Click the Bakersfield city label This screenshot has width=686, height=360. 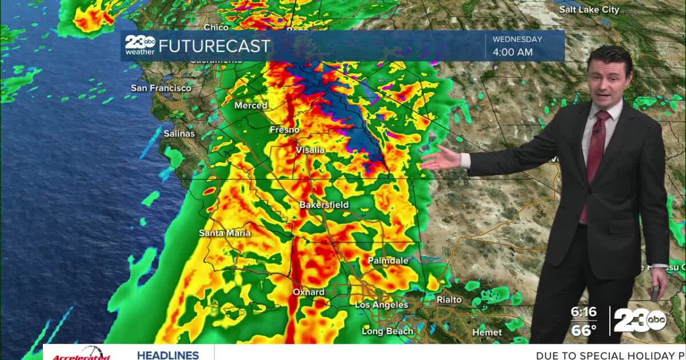[324, 205]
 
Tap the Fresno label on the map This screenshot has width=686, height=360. [284, 130]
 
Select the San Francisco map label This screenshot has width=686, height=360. [161, 88]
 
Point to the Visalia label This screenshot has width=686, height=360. [310, 150]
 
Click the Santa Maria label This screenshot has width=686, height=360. [225, 233]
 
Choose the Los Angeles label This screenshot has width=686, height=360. [381, 305]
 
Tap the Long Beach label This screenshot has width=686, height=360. [387, 331]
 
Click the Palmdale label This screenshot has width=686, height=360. [388, 261]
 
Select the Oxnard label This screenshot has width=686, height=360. [309, 292]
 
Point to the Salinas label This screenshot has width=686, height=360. [179, 134]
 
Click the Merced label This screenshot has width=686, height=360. [250, 105]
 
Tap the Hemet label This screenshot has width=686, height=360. [487, 332]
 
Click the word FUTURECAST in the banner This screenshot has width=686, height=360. [214, 46]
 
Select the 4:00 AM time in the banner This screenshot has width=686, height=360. [513, 52]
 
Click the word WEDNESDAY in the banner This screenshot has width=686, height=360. [517, 39]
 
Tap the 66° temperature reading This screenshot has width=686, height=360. [583, 330]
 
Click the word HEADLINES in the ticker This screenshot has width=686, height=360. [167, 355]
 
